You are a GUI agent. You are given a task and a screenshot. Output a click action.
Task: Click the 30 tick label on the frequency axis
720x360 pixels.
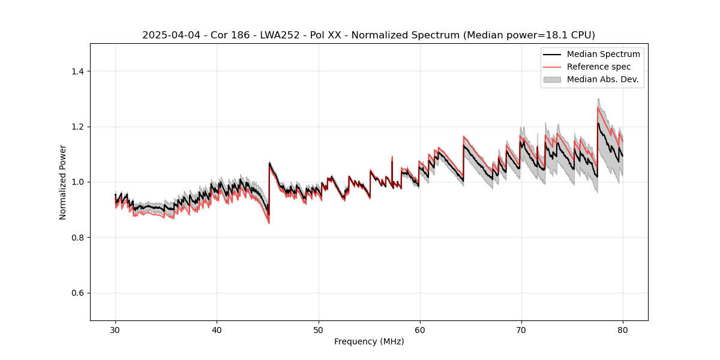pos(115,330)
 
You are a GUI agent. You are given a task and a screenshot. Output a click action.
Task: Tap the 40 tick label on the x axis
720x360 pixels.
pos(217,330)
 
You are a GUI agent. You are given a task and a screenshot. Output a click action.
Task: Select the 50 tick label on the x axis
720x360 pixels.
pos(318,330)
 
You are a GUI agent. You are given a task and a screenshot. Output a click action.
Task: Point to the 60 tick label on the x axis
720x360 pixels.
pos(419,330)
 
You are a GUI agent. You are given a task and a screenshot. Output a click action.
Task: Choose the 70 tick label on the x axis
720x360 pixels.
pos(521,330)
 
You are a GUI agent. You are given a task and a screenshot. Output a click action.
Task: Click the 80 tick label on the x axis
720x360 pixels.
pos(622,330)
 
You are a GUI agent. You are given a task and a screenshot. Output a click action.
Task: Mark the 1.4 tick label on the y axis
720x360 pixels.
pos(77,71)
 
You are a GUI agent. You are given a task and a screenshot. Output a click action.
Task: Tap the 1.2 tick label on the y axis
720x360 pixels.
pos(77,127)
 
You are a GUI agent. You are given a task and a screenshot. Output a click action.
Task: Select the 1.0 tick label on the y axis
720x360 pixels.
pos(77,182)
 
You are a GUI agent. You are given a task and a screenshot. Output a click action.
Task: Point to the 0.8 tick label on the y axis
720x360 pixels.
pos(77,238)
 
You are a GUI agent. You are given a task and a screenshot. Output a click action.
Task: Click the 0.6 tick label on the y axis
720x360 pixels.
pos(77,293)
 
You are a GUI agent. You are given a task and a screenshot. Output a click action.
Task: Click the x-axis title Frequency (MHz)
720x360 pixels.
pos(369,342)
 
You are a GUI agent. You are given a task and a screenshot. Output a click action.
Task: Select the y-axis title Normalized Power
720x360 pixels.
pos(63,182)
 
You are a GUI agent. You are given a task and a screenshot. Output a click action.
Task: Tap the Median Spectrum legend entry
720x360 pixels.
pos(603,54)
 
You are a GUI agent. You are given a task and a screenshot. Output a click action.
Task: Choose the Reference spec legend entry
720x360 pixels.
pos(599,67)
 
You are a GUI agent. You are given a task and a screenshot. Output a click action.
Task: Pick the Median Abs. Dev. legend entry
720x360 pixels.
pos(602,79)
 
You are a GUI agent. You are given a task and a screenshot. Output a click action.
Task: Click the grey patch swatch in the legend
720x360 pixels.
pos(552,79)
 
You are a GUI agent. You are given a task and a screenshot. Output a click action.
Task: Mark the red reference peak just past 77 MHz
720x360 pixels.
pos(598,107)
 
